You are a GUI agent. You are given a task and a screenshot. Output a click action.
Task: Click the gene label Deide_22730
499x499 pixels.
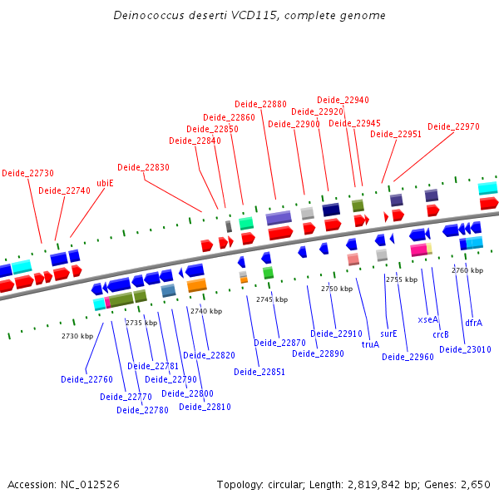pos(27,173)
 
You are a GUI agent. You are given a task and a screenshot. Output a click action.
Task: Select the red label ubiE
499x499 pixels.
pos(105,183)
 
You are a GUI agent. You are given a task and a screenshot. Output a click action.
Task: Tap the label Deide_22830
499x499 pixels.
pos(143,167)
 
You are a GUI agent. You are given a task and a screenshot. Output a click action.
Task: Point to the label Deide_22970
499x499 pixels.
pos(453,126)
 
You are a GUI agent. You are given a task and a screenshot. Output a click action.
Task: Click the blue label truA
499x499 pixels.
pos(370,343)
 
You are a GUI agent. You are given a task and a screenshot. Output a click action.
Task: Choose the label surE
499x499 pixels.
pos(388,333)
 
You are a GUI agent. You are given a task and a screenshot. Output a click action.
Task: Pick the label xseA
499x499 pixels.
pos(427,319)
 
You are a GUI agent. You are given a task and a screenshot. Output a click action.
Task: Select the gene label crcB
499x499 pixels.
pos(441,334)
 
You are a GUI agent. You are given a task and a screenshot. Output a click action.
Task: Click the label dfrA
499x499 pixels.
pos(473,322)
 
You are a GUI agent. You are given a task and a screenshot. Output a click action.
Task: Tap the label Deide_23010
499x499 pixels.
pos(465,349)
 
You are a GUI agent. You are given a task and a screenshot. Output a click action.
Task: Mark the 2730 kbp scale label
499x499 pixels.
pos(77,336)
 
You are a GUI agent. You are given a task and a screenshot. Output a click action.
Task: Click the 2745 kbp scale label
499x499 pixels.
pos(272,299)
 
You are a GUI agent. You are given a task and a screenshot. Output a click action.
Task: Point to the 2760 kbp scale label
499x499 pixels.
pos(467,270)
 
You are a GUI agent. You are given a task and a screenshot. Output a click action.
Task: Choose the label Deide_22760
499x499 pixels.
pos(86,379)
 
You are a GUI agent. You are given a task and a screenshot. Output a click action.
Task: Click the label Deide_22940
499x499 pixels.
pos(343,100)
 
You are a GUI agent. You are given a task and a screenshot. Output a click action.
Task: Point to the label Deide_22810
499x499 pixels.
pos(205,407)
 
